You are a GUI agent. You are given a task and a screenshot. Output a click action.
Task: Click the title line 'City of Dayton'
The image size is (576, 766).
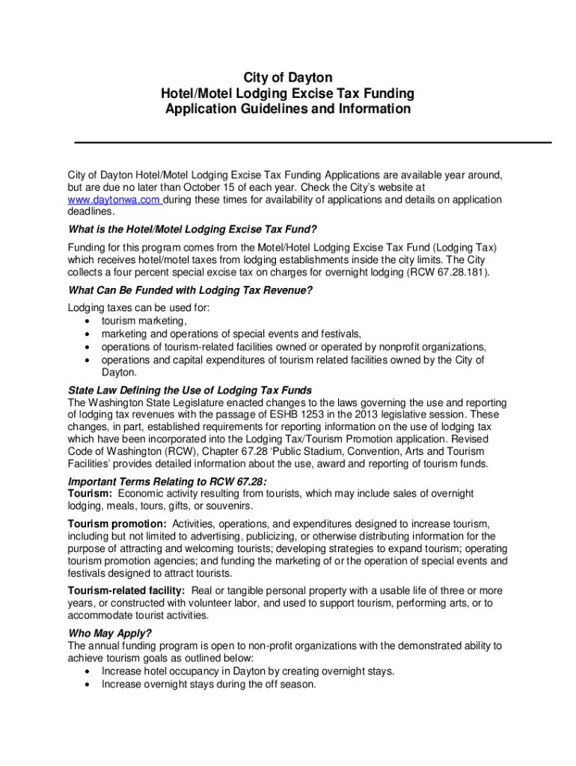pyautogui.click(x=288, y=79)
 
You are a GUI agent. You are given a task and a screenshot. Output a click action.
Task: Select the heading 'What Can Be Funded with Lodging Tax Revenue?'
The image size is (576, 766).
pyautogui.click(x=190, y=290)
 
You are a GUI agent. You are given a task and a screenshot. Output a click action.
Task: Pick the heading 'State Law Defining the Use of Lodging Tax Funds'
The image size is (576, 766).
pyautogui.click(x=190, y=390)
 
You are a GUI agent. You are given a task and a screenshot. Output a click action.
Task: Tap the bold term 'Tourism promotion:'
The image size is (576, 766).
pyautogui.click(x=117, y=524)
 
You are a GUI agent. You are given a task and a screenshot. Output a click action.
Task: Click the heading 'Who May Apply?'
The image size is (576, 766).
pyautogui.click(x=110, y=633)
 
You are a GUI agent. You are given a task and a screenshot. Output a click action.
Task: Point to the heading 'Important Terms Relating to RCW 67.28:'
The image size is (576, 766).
pyautogui.click(x=168, y=481)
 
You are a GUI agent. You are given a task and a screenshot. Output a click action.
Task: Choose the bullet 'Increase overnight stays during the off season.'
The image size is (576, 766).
pyautogui.click(x=209, y=684)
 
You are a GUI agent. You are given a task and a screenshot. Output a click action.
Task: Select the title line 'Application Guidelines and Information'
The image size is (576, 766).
pyautogui.click(x=288, y=109)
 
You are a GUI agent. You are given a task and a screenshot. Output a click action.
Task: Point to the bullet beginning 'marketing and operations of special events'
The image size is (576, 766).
pyautogui.click(x=232, y=334)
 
